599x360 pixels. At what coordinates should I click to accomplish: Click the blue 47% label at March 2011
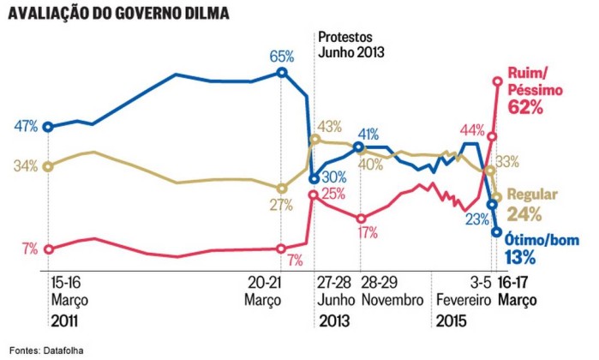pyautogui.click(x=26, y=127)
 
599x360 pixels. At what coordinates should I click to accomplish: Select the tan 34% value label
pyautogui.click(x=26, y=165)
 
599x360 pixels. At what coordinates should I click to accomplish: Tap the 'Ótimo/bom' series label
pyautogui.click(x=533, y=240)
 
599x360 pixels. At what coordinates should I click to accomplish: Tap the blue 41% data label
pyautogui.click(x=368, y=134)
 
